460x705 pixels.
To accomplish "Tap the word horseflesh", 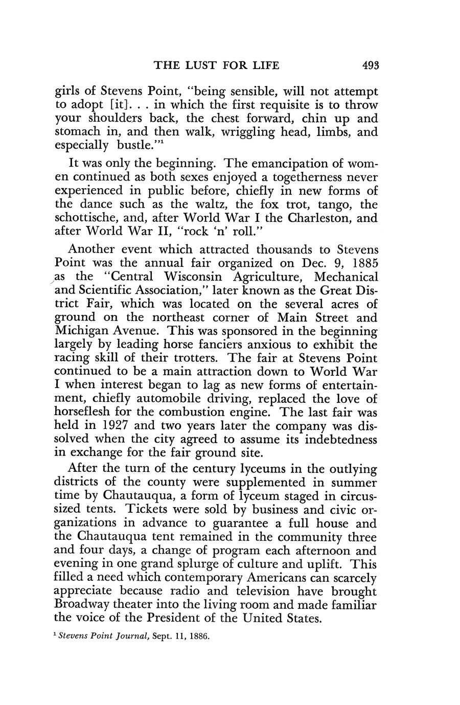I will [85, 412].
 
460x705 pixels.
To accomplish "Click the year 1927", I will [113, 425].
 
